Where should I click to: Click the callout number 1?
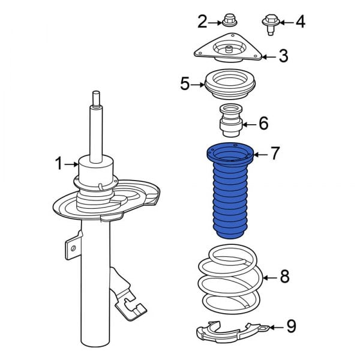point(59,163)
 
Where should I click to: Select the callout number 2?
point(202,22)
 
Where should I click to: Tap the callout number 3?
point(283,56)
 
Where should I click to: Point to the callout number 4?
point(299,22)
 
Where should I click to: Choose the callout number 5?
point(185,83)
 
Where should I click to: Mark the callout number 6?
point(263,124)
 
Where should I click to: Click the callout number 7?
point(275,153)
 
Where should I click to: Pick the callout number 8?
point(284,277)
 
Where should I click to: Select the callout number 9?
point(291,326)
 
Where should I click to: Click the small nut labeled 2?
point(228,22)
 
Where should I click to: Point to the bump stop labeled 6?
point(230,121)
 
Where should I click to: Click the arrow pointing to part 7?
point(260,154)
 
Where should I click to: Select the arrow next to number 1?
point(72,163)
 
